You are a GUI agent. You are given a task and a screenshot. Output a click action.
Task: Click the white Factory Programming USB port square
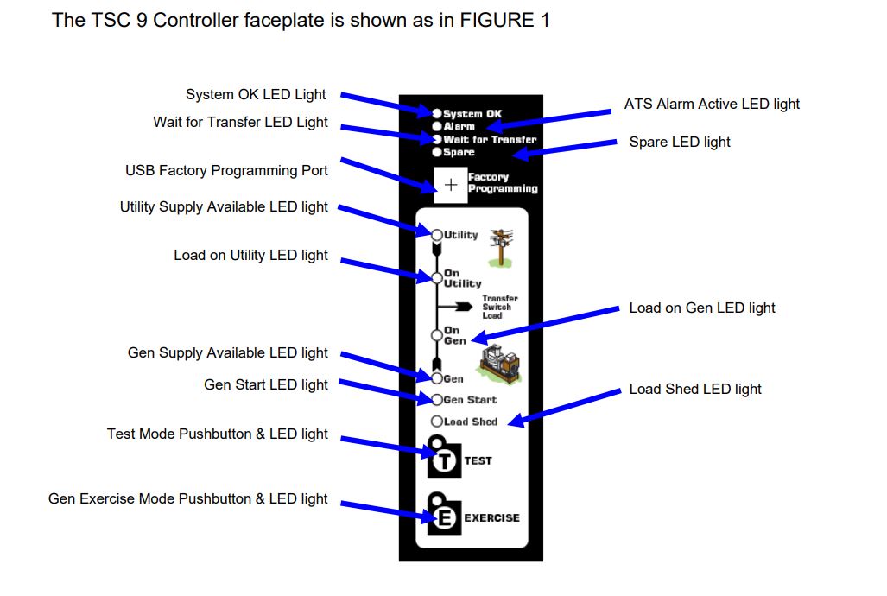click(x=450, y=185)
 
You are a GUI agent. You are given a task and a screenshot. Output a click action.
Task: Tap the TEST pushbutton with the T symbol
click(x=444, y=460)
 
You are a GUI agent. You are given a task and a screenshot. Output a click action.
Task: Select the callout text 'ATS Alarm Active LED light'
click(x=712, y=105)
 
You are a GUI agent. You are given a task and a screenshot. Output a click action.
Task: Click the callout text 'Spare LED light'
click(x=679, y=143)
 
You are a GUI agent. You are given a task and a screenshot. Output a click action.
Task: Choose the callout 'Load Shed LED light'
click(x=694, y=390)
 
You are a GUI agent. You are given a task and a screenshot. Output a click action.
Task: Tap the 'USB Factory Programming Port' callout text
click(x=226, y=171)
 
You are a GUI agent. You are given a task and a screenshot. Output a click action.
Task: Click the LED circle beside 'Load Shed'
click(x=437, y=422)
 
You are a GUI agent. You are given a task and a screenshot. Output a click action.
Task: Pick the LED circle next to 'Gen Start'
click(x=437, y=400)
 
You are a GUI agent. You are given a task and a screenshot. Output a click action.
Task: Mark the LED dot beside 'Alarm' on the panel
click(x=437, y=126)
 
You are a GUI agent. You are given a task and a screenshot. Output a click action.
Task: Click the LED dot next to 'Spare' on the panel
click(x=437, y=152)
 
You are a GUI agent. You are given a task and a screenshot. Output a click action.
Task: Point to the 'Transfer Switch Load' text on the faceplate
click(x=499, y=308)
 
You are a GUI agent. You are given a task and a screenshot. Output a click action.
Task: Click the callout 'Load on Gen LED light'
click(x=701, y=308)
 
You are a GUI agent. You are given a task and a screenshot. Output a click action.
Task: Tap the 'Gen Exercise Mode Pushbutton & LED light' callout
click(x=187, y=499)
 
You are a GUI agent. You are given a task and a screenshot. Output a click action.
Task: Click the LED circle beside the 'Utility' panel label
click(x=437, y=235)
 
